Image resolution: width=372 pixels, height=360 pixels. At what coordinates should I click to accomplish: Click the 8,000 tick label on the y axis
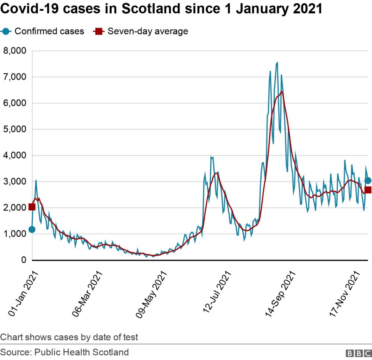pos(14,51)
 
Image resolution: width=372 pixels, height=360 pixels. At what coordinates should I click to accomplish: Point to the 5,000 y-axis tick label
pos(14,129)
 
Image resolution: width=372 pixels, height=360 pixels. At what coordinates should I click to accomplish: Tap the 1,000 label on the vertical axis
pos(14,234)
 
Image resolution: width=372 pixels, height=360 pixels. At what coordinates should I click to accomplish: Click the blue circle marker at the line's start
pos(32,229)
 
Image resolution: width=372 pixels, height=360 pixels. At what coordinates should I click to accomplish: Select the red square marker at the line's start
pos(32,206)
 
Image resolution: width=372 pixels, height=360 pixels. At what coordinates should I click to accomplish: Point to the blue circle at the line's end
pos(368,181)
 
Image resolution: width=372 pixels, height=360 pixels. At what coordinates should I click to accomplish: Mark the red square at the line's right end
pos(368,190)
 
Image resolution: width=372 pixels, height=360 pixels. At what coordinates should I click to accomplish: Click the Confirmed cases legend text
pos(49,31)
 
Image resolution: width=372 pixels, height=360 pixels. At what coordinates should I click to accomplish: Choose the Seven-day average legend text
pos(148,31)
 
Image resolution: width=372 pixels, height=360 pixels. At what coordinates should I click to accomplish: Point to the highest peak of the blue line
pos(277,62)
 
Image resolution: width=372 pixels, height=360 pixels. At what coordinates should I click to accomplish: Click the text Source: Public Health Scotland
pos(64,352)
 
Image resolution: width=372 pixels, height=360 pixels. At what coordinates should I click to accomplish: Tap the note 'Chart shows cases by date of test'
pos(69,337)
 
